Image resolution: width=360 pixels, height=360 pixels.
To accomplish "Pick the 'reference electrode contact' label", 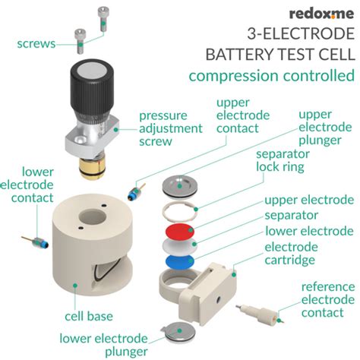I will tap(327, 299).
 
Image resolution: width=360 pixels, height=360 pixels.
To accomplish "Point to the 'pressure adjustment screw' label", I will tap(171, 128).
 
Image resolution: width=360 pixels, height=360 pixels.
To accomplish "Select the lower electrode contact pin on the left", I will tap(39, 244).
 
